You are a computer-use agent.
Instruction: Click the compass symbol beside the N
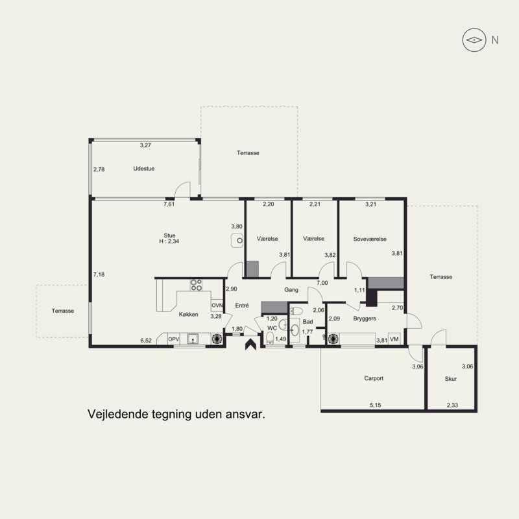point(474,40)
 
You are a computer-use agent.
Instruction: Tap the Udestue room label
point(143,169)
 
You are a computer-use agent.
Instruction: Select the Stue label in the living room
point(169,235)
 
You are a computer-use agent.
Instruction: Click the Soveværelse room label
point(370,239)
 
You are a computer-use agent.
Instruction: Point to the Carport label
point(374,378)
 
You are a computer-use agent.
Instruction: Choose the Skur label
point(450,379)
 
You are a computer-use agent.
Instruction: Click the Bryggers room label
point(365,319)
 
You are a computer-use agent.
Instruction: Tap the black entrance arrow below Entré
point(251,344)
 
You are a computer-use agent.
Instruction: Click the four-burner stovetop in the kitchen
point(196,285)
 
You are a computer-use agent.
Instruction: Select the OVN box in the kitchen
point(217,305)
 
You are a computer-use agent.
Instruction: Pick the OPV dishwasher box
point(173,339)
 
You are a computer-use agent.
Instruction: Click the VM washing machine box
point(394,339)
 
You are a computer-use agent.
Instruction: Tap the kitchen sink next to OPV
point(193,339)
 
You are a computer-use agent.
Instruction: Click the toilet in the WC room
point(270,338)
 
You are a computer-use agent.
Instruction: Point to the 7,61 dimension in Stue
point(169,204)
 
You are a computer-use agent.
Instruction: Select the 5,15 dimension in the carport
point(376,405)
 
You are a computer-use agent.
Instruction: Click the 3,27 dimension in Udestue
point(145,145)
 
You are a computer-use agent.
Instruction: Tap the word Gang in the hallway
point(291,289)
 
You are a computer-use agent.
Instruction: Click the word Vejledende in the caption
point(117,414)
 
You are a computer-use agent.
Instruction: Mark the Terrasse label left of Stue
point(63,311)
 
